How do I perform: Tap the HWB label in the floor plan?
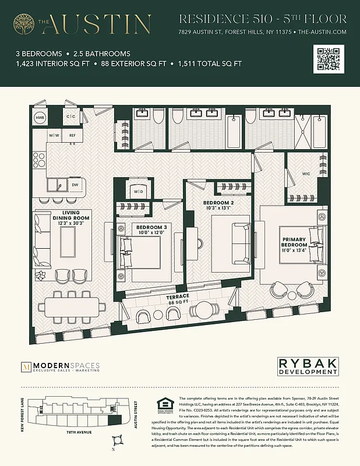coord(40,118)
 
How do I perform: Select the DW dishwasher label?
coord(75,185)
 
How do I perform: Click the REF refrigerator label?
coord(72,135)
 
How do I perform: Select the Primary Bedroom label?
coord(295,242)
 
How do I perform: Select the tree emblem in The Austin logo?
coord(24,24)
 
